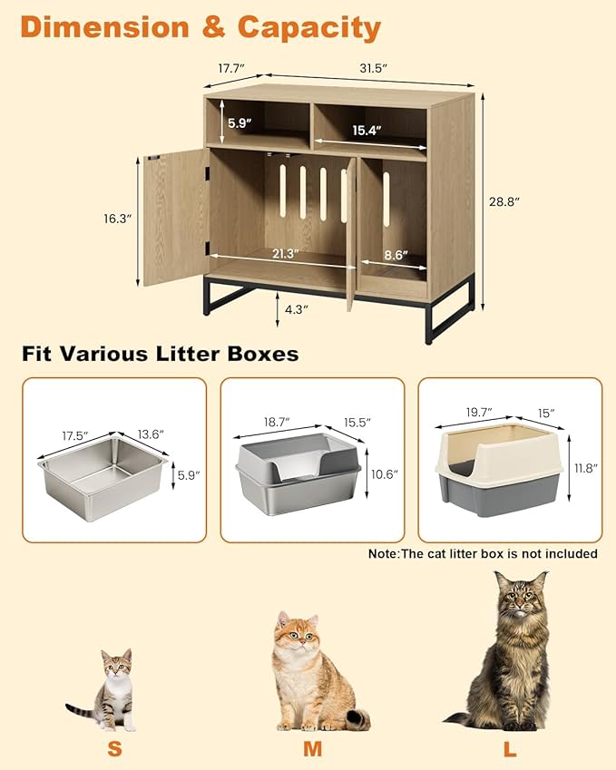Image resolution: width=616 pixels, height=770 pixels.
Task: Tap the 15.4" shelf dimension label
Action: [x=366, y=132]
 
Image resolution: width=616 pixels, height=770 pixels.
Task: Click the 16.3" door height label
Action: [x=118, y=219]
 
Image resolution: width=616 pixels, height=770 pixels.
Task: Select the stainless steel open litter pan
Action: [x=103, y=473]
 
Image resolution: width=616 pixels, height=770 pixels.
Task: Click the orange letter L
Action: [x=512, y=750]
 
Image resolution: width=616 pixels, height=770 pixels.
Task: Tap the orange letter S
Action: [x=114, y=750]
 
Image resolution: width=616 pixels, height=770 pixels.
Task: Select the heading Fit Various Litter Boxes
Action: [x=160, y=354]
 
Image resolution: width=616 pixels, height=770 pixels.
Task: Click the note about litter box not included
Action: [x=482, y=552]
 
